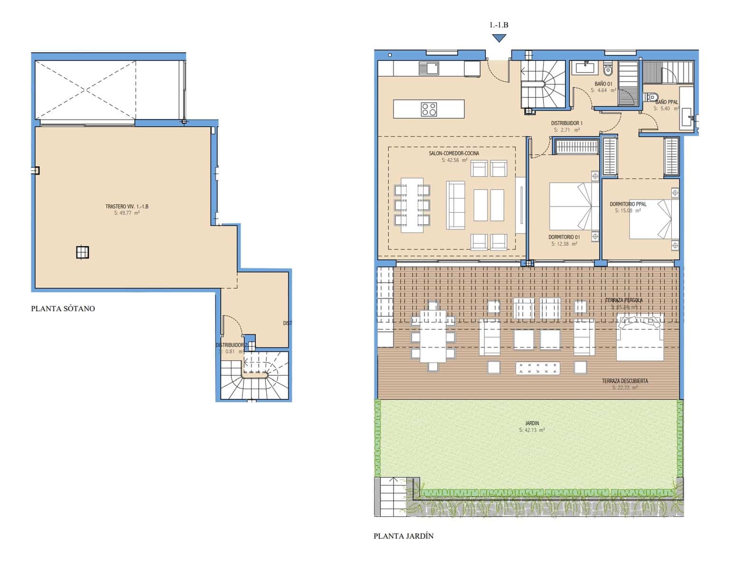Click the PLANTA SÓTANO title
(x=63, y=309)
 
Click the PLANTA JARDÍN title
(x=404, y=536)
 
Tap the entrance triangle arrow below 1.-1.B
(x=499, y=38)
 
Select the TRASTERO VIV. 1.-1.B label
(x=127, y=207)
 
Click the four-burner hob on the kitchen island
(x=429, y=109)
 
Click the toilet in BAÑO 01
(x=608, y=70)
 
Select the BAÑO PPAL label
(x=667, y=102)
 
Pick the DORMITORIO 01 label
(x=564, y=237)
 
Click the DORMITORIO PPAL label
(x=628, y=204)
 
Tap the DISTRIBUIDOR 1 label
(x=566, y=123)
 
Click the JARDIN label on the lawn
(x=532, y=423)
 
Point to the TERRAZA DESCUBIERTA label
(x=625, y=381)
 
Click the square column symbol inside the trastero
(x=83, y=252)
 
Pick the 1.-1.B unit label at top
(x=499, y=25)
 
